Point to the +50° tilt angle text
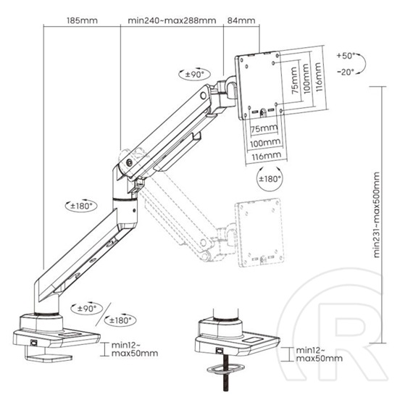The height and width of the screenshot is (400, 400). coord(347,56)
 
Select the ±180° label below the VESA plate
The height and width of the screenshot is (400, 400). coord(270,178)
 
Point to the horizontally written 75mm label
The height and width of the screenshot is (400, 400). coord(264,129)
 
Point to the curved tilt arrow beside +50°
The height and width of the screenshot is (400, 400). coord(370,64)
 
